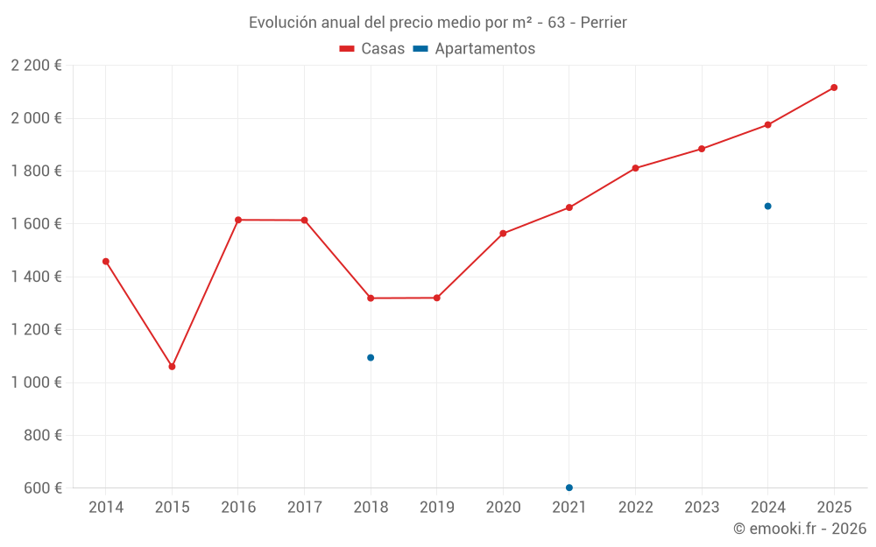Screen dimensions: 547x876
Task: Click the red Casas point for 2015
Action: pos(172,367)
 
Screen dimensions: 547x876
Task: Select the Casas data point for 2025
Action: pos(834,88)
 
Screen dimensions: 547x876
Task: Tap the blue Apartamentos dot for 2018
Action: pos(371,357)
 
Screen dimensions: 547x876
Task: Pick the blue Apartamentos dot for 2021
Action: pos(569,487)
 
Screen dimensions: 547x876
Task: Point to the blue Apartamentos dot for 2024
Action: pos(767,206)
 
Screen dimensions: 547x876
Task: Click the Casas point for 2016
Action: pos(238,220)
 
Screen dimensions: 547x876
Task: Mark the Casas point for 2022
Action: pos(635,168)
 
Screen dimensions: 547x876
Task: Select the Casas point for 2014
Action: pos(106,261)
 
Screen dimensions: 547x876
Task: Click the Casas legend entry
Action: pos(372,49)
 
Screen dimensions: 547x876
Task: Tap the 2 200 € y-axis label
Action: pos(36,66)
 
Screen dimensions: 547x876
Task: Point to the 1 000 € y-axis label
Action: pos(36,382)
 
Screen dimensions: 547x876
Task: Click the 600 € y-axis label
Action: pos(43,488)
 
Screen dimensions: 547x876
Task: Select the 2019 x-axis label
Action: pos(436,508)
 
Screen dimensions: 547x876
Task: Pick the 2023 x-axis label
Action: pos(702,508)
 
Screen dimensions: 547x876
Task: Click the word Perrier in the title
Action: pos(604,23)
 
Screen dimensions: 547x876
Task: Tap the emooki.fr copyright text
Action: pos(799,529)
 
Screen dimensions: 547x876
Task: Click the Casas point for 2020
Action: pos(503,234)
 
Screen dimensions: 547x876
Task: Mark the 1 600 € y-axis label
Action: pos(36,224)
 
